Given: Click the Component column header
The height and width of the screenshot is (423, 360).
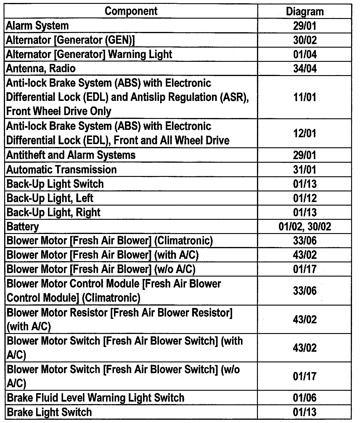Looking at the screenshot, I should point(131,11).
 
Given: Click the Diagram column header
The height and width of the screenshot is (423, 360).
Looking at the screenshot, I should point(305,12).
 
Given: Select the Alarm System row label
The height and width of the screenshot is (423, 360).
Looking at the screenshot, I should point(37,26).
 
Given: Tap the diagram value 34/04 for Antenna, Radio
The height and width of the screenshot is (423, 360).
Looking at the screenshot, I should point(305,69).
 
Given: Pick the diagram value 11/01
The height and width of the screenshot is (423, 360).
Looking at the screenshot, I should point(305,97).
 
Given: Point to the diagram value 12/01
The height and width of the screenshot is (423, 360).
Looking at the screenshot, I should point(305,133).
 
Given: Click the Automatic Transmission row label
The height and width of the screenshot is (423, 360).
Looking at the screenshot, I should point(62,170).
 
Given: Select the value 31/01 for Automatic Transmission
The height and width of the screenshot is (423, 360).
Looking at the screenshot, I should point(305,170).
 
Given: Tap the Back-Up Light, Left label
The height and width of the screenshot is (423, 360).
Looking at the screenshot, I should point(50,198).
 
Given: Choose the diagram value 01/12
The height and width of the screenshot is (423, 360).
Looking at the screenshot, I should point(305,198).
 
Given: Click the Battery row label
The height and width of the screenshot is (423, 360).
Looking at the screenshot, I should point(22,227).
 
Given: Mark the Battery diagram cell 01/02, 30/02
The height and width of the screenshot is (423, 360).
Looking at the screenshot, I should point(305,227).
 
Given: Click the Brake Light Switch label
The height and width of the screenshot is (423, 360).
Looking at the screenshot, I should point(49,412).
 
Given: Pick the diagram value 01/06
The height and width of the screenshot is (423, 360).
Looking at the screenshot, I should point(305,398).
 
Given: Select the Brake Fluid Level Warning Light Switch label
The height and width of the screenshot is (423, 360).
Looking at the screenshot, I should point(95,398).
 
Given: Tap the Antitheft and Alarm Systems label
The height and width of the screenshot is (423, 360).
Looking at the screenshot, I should point(71,155).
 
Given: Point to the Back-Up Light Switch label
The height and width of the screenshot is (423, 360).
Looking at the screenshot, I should point(55,184).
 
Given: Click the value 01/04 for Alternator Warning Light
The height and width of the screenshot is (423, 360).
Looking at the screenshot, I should point(305,54).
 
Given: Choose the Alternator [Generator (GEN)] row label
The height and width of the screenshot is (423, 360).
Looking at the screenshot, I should point(70,40).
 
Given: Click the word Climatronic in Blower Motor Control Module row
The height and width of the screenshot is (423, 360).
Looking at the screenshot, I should point(111,298).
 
